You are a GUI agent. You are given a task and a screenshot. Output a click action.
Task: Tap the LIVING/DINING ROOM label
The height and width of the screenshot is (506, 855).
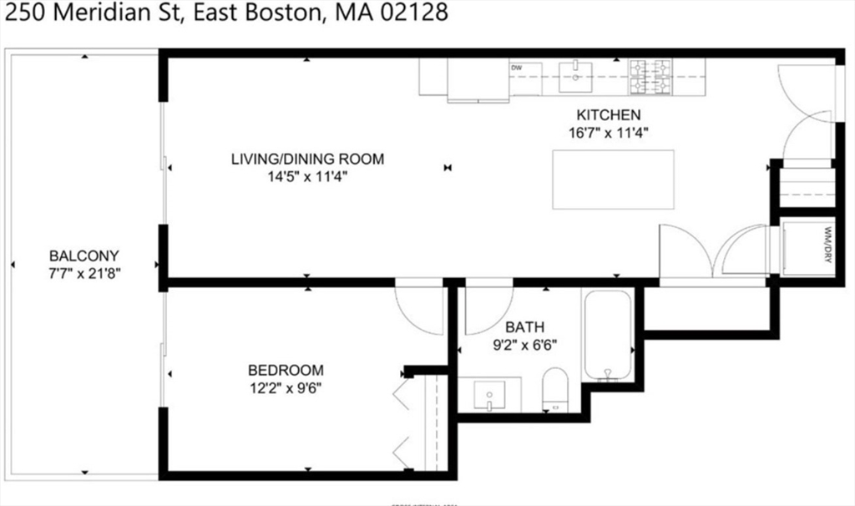click(307, 159)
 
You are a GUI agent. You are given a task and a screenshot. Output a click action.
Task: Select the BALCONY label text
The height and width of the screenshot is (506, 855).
click(83, 256)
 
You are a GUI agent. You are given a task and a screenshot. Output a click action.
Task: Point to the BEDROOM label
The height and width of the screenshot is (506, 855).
click(286, 370)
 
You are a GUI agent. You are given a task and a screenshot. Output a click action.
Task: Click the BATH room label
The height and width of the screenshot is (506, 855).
click(523, 326)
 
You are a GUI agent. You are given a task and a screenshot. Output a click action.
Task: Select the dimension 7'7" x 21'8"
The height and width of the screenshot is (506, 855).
click(83, 273)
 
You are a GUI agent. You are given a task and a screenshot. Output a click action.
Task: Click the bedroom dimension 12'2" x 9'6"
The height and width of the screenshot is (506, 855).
click(286, 387)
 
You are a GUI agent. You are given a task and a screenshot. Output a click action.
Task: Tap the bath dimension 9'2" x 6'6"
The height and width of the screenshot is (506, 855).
click(523, 343)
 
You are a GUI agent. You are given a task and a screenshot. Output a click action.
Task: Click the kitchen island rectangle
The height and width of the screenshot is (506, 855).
click(613, 180)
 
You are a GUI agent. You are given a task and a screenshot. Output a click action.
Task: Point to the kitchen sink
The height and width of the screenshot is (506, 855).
click(575, 77)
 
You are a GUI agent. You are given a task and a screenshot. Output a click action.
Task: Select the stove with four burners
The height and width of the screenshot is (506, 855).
click(650, 77)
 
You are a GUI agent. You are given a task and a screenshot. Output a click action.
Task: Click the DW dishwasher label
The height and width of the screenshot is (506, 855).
click(516, 68)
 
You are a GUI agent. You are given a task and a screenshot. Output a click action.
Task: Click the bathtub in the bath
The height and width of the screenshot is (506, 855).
click(606, 335)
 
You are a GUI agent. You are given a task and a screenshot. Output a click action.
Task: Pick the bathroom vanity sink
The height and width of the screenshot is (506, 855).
click(489, 394)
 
